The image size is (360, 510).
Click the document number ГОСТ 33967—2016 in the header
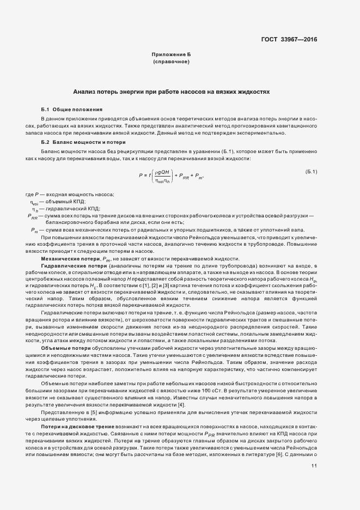coord(289,39)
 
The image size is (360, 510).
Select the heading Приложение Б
coord(171,56)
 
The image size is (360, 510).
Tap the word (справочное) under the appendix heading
coord(171,63)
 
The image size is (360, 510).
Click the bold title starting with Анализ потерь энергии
coord(171,93)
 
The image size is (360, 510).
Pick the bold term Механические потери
coord(68,258)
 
